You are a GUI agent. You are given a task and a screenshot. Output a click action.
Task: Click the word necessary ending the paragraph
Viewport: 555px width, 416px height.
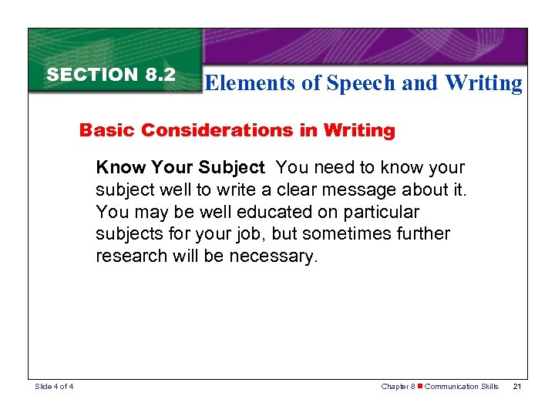[x=275, y=257]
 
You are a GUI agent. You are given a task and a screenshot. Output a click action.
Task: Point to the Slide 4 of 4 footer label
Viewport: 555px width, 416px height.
[x=54, y=387]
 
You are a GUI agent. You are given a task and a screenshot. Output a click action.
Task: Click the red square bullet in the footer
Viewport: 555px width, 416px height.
[x=420, y=387]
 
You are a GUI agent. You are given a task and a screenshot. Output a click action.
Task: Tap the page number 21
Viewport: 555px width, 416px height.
[x=517, y=387]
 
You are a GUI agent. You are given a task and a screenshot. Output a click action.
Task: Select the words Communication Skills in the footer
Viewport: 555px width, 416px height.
[x=462, y=387]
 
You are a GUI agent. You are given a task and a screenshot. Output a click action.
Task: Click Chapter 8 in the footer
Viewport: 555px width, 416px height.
[x=398, y=387]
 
